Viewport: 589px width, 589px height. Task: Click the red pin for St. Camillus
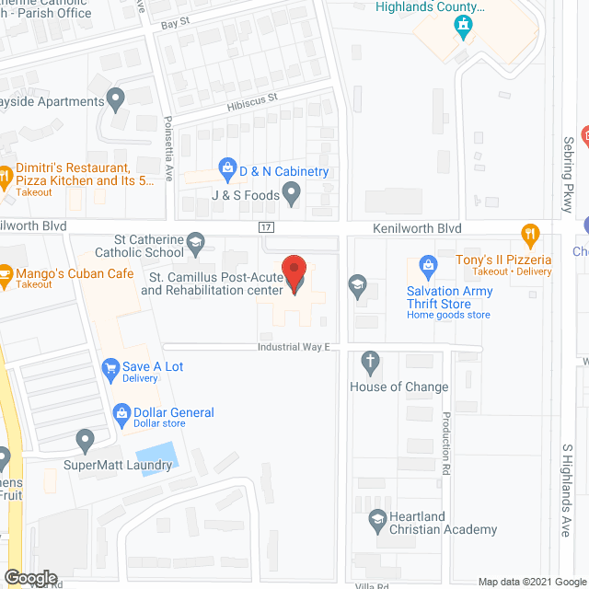(x=294, y=273)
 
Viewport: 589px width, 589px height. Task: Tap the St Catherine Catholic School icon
(x=195, y=241)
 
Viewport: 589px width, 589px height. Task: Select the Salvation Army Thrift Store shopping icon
(x=427, y=267)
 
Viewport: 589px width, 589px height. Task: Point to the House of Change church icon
(x=371, y=362)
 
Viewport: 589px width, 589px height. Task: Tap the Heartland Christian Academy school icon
(x=376, y=518)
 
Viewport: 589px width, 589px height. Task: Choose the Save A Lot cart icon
(x=110, y=367)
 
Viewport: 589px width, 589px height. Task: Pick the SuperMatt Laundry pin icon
(x=86, y=441)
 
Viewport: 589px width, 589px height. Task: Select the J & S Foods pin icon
(x=291, y=193)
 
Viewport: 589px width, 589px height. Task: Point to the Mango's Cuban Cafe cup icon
(x=6, y=273)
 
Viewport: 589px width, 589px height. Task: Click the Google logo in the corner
(x=30, y=578)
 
